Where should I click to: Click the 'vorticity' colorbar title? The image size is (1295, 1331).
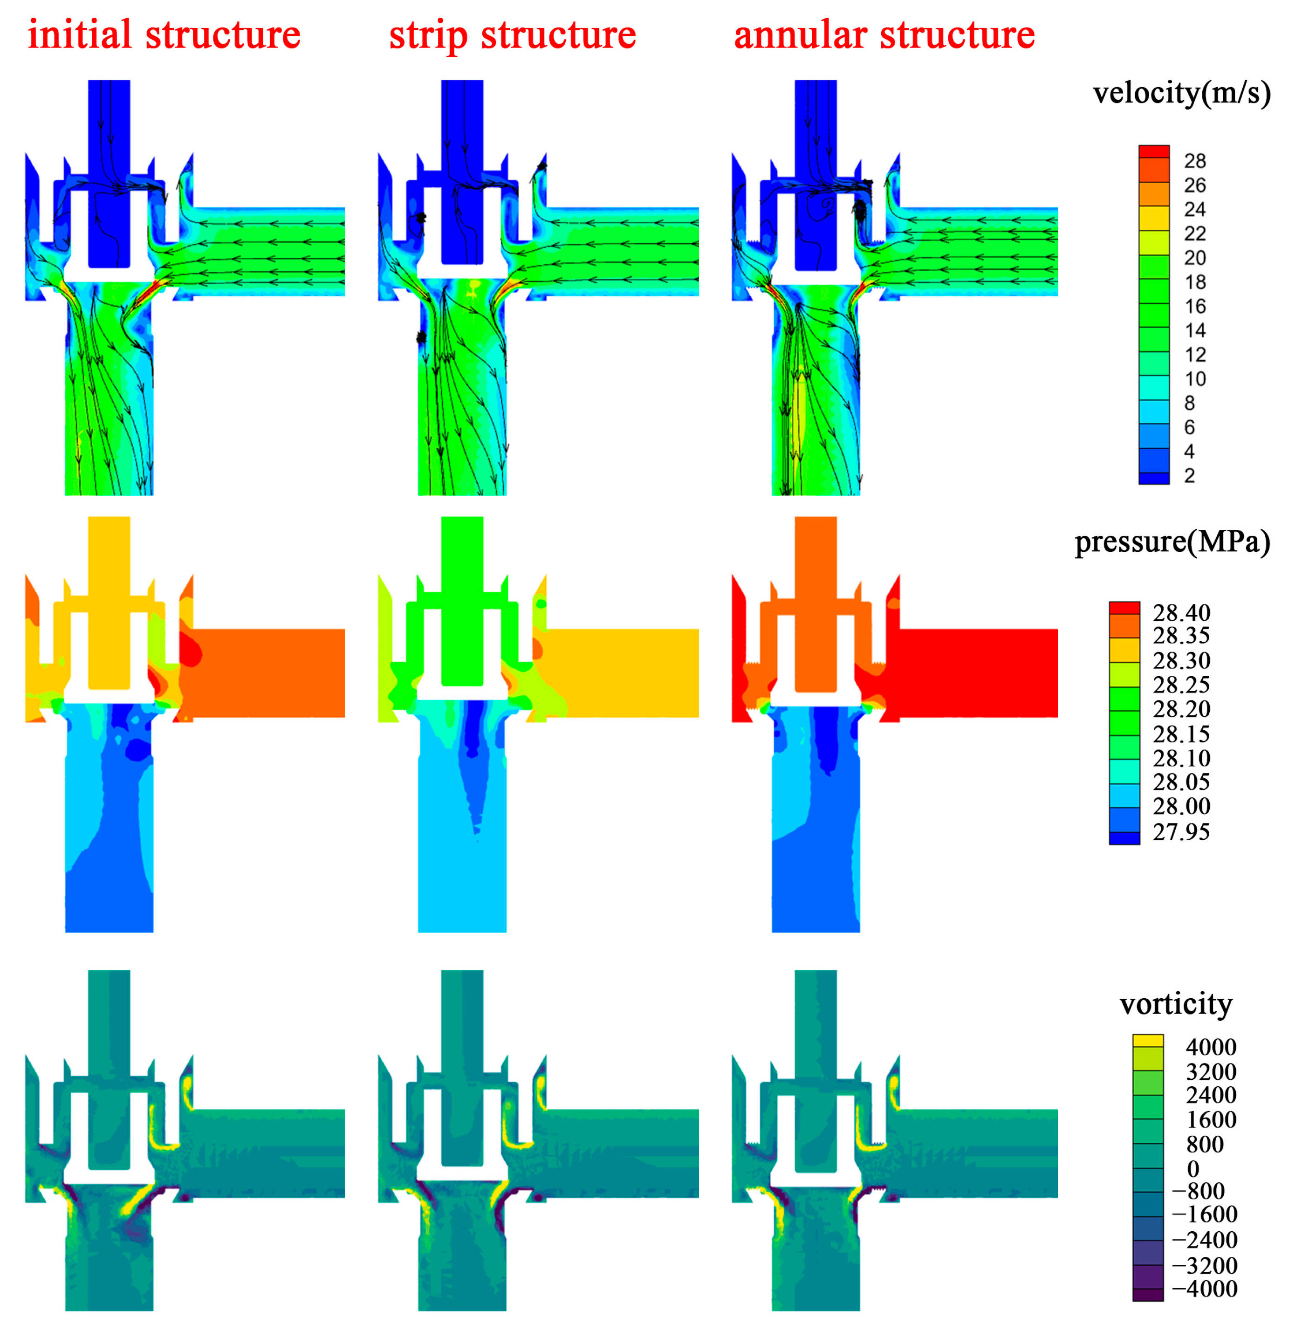pos(1176,1004)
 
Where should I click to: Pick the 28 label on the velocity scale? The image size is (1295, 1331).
pos(1195,161)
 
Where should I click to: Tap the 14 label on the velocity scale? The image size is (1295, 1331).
pos(1195,330)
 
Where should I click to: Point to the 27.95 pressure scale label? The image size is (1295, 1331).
pos(1181,832)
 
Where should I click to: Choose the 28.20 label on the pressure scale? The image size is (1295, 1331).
pos(1181,709)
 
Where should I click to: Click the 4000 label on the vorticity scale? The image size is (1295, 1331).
pos(1211,1047)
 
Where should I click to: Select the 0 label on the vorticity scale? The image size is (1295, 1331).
pos(1193,1168)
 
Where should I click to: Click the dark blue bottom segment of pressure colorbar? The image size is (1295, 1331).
pos(1124,838)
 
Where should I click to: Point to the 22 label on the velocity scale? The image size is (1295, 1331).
pos(1195,233)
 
